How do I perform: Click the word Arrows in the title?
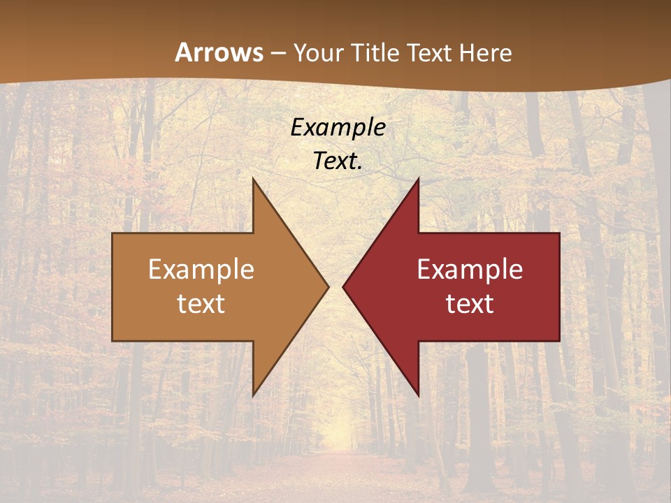(x=219, y=52)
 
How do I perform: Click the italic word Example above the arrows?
(x=338, y=127)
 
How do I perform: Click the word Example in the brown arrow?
(x=201, y=270)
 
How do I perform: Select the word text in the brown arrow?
(x=201, y=303)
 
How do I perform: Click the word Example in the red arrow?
(x=470, y=270)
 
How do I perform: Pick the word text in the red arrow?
(x=470, y=303)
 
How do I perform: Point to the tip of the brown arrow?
(x=326, y=286)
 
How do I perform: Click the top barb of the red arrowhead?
(x=417, y=183)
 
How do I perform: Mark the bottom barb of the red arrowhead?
(x=417, y=391)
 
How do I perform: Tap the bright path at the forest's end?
(x=341, y=433)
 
